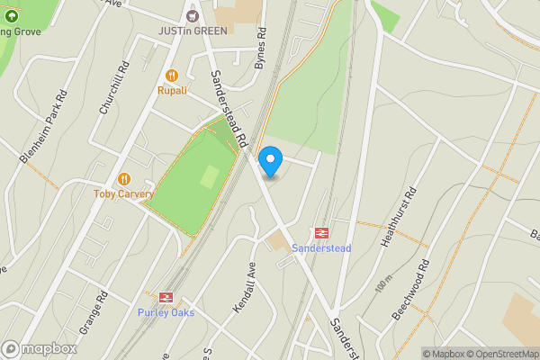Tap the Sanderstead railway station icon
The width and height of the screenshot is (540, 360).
(x=321, y=232)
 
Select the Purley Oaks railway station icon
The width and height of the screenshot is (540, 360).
(x=166, y=298)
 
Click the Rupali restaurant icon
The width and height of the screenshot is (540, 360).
(x=172, y=76)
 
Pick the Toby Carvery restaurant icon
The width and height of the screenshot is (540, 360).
(x=124, y=179)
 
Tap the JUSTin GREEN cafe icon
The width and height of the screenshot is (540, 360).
(x=191, y=15)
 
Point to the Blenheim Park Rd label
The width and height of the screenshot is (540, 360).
(x=42, y=125)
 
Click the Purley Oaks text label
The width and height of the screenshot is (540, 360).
(x=166, y=313)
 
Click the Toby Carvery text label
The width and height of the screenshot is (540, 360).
(x=123, y=193)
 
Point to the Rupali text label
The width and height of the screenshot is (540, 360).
(x=172, y=90)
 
